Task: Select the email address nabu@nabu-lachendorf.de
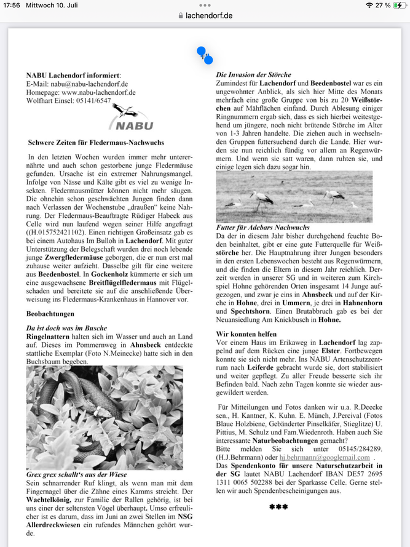point(89,84)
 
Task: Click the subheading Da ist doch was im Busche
point(66,328)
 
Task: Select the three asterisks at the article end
point(278,507)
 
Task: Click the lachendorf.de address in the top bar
point(208,15)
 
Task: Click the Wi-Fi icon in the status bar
point(369,5)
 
